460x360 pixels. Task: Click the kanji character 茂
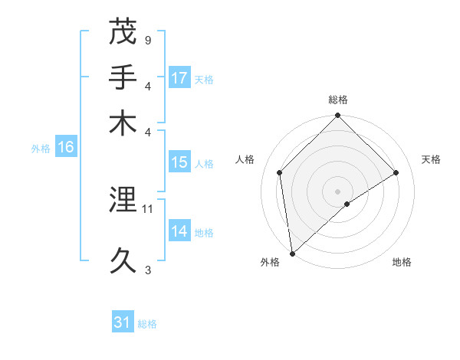click(x=123, y=32)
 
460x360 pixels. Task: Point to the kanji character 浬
click(x=123, y=201)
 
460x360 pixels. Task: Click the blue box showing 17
click(x=179, y=78)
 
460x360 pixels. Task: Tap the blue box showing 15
click(x=179, y=163)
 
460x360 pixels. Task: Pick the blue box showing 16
click(x=66, y=148)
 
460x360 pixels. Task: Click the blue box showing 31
click(x=123, y=322)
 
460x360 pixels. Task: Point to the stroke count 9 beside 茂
click(x=147, y=39)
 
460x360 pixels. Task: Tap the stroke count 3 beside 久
click(x=147, y=269)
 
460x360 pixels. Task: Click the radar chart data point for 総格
click(x=337, y=116)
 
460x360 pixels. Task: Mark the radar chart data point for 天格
click(x=396, y=172)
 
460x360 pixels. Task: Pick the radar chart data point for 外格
click(x=292, y=253)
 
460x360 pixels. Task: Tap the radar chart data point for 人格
click(x=280, y=172)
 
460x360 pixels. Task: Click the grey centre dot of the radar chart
click(x=337, y=191)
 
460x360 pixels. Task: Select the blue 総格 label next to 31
click(x=147, y=324)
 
